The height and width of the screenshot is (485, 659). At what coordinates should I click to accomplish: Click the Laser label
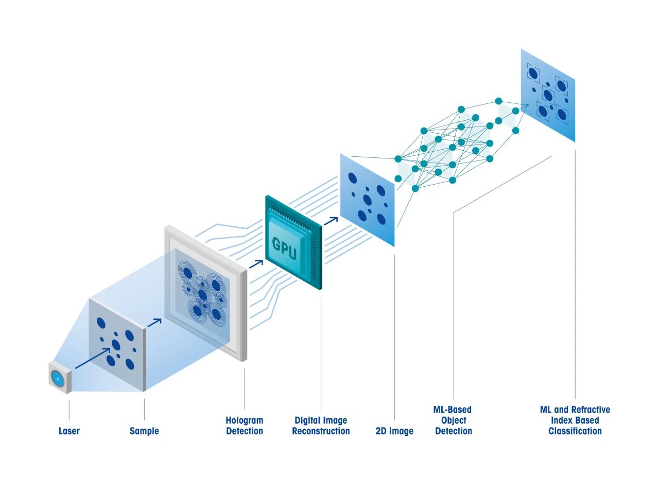69,431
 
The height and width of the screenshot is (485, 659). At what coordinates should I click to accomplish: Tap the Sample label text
144,431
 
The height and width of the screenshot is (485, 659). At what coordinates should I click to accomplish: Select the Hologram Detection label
245,426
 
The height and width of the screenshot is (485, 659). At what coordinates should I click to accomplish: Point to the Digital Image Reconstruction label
321,426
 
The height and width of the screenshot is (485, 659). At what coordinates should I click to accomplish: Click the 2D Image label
394,431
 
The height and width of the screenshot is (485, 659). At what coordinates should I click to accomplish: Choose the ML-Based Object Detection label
453,420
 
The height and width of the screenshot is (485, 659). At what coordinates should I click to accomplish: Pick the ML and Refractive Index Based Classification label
575,420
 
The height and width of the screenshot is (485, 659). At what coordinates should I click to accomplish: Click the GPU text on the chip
284,244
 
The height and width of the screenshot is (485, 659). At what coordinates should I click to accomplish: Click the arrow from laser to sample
93,358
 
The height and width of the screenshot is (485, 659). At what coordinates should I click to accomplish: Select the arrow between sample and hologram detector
154,322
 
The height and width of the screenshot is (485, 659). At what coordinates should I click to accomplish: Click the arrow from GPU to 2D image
331,221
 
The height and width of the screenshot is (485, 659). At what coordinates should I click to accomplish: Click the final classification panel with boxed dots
547,95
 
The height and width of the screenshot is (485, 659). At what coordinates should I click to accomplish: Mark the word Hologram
245,420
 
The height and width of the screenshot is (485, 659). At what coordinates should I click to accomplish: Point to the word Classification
575,431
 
